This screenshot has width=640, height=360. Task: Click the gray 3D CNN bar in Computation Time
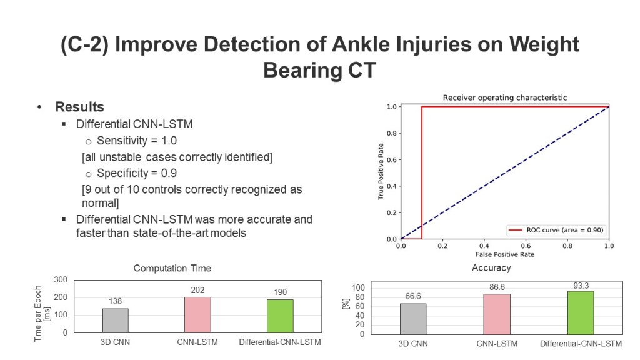pyautogui.click(x=116, y=321)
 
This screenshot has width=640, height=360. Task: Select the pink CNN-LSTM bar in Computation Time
pyautogui.click(x=197, y=314)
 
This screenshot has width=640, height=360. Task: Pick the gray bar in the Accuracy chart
pyautogui.click(x=413, y=319)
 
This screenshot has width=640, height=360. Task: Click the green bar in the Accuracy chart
pyautogui.click(x=581, y=312)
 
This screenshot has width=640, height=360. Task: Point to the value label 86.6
pyautogui.click(x=496, y=286)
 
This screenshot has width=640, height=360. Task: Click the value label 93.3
pyautogui.click(x=581, y=285)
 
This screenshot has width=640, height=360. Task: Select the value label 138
pyautogui.click(x=116, y=301)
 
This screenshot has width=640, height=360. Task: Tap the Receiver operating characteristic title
pyautogui.click(x=505, y=97)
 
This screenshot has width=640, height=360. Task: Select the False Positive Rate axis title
pyautogui.click(x=505, y=254)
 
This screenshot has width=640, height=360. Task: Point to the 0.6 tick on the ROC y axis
pyautogui.click(x=392, y=159)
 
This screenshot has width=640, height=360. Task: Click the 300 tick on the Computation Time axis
pyautogui.click(x=61, y=280)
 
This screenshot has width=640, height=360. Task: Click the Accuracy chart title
pyautogui.click(x=491, y=268)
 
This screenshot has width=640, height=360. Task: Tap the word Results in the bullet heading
pyautogui.click(x=79, y=107)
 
